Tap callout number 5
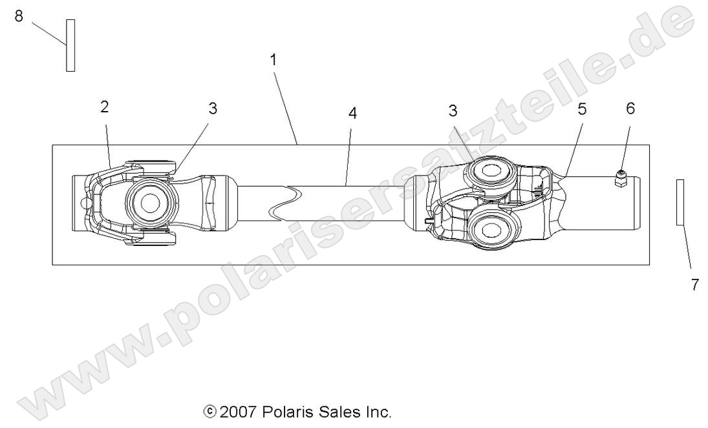pyautogui.click(x=582, y=109)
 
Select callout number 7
pyautogui.click(x=695, y=285)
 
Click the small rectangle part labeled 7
pyautogui.click(x=680, y=202)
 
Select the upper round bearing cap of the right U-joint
pyautogui.click(x=487, y=173)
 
